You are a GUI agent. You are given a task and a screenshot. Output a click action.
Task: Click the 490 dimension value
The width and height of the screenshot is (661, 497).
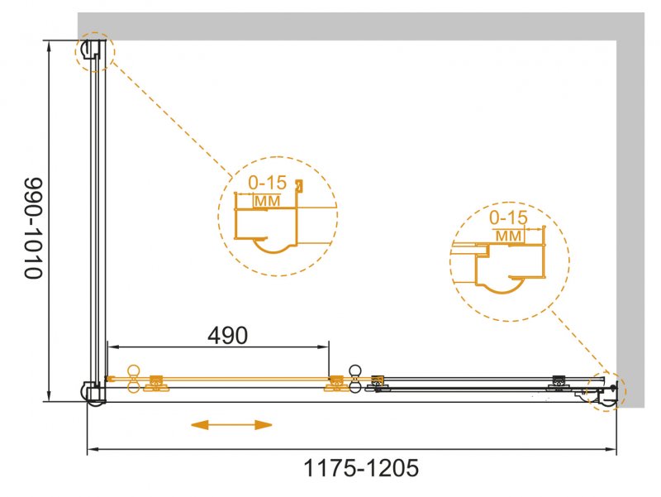tap(228, 335)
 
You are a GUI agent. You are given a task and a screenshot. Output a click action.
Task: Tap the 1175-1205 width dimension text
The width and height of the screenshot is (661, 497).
tap(361, 468)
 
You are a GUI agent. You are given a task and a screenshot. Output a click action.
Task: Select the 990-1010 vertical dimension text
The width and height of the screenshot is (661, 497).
tap(34, 228)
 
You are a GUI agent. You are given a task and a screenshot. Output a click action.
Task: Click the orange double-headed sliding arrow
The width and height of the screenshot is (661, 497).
tap(231, 425)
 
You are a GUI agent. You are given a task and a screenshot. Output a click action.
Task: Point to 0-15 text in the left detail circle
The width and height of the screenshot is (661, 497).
tap(267, 183)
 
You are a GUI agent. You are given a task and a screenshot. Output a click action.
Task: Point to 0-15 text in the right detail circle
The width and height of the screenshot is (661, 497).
tap(508, 217)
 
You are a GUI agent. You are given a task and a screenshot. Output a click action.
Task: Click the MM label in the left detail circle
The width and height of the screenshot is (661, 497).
tap(267, 201)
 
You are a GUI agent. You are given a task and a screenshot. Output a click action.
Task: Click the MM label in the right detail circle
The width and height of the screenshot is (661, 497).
tap(508, 236)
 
